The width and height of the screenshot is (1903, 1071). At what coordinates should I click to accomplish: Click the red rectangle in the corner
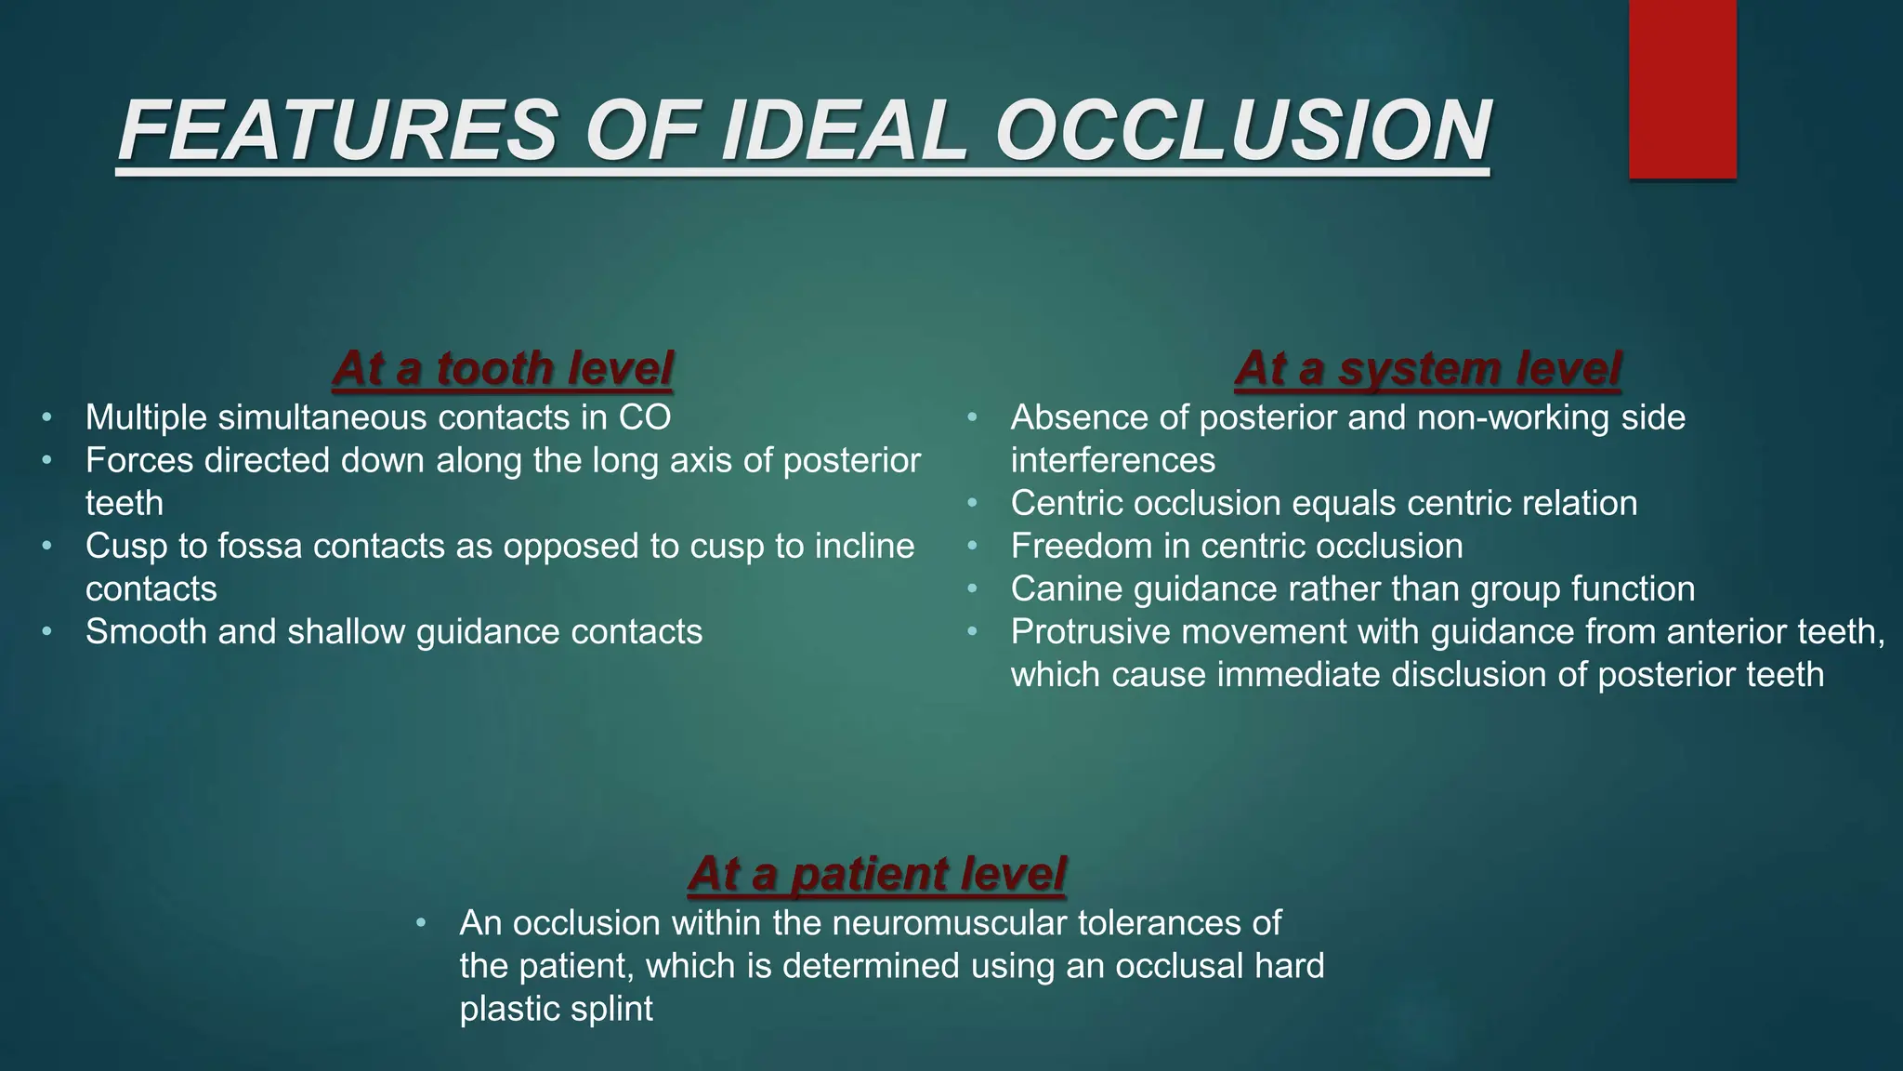1682,88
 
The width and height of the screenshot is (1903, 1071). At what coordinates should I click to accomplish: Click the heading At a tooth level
502,368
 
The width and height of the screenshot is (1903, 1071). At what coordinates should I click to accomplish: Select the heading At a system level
1427,368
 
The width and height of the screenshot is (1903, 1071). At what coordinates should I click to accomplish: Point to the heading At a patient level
876,874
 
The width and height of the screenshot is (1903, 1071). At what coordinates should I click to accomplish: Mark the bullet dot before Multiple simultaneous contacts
46,417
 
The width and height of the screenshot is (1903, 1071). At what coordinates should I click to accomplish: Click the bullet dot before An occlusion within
421,923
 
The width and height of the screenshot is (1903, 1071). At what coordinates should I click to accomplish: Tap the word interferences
1112,460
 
